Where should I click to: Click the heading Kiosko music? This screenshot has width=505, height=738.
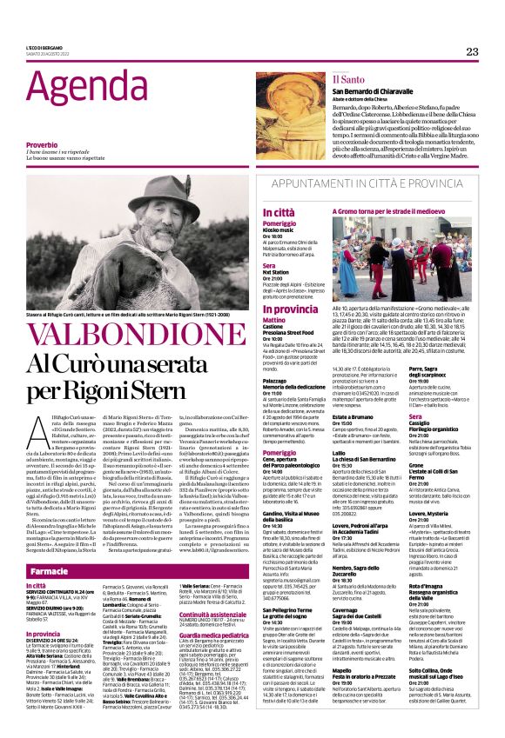(x=283, y=229)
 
